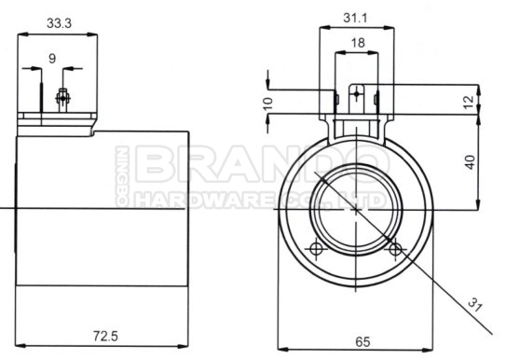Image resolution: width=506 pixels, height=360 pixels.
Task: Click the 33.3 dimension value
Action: (59, 23)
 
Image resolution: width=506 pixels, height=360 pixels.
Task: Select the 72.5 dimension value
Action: (105, 336)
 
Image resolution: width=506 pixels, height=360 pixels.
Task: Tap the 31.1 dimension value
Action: (355, 18)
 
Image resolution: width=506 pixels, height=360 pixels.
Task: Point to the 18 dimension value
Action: (358, 43)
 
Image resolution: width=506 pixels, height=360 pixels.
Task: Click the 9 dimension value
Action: (52, 59)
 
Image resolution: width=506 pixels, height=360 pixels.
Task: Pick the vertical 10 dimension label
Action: (267, 104)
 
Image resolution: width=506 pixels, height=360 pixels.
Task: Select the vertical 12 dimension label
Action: (470, 102)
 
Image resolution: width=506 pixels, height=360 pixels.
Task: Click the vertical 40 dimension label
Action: (471, 162)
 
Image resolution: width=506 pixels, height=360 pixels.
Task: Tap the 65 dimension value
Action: (362, 341)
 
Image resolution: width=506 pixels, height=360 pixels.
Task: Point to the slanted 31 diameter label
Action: (475, 304)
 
